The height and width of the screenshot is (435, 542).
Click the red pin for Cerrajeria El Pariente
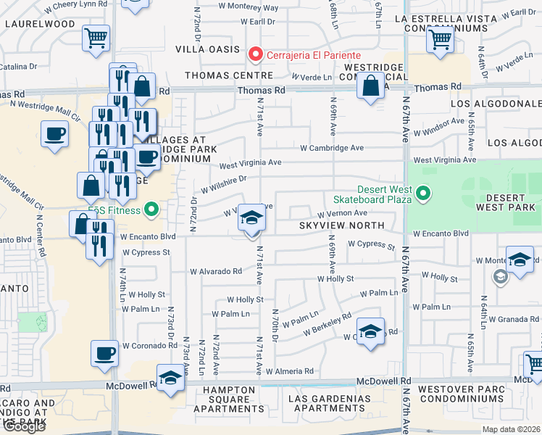click(x=254, y=54)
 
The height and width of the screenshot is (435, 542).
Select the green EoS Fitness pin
click(x=151, y=211)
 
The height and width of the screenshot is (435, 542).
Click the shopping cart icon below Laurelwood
click(x=96, y=38)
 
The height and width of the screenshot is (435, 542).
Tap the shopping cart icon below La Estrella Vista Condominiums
click(x=440, y=39)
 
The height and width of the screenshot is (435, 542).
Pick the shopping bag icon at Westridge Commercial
click(x=370, y=86)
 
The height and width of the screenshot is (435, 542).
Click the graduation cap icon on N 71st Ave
click(x=251, y=217)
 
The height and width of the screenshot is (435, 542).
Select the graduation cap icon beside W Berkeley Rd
click(x=370, y=332)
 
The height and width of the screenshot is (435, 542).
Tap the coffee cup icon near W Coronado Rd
click(x=104, y=353)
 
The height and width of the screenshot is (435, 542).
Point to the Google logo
click(x=24, y=426)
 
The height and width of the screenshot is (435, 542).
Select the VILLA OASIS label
click(x=208, y=49)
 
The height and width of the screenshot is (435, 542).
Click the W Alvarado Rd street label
click(x=216, y=272)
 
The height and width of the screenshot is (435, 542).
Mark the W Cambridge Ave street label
click(x=333, y=147)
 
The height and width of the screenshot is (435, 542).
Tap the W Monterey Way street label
click(x=249, y=7)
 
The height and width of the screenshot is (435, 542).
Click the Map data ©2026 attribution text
click(x=510, y=428)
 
